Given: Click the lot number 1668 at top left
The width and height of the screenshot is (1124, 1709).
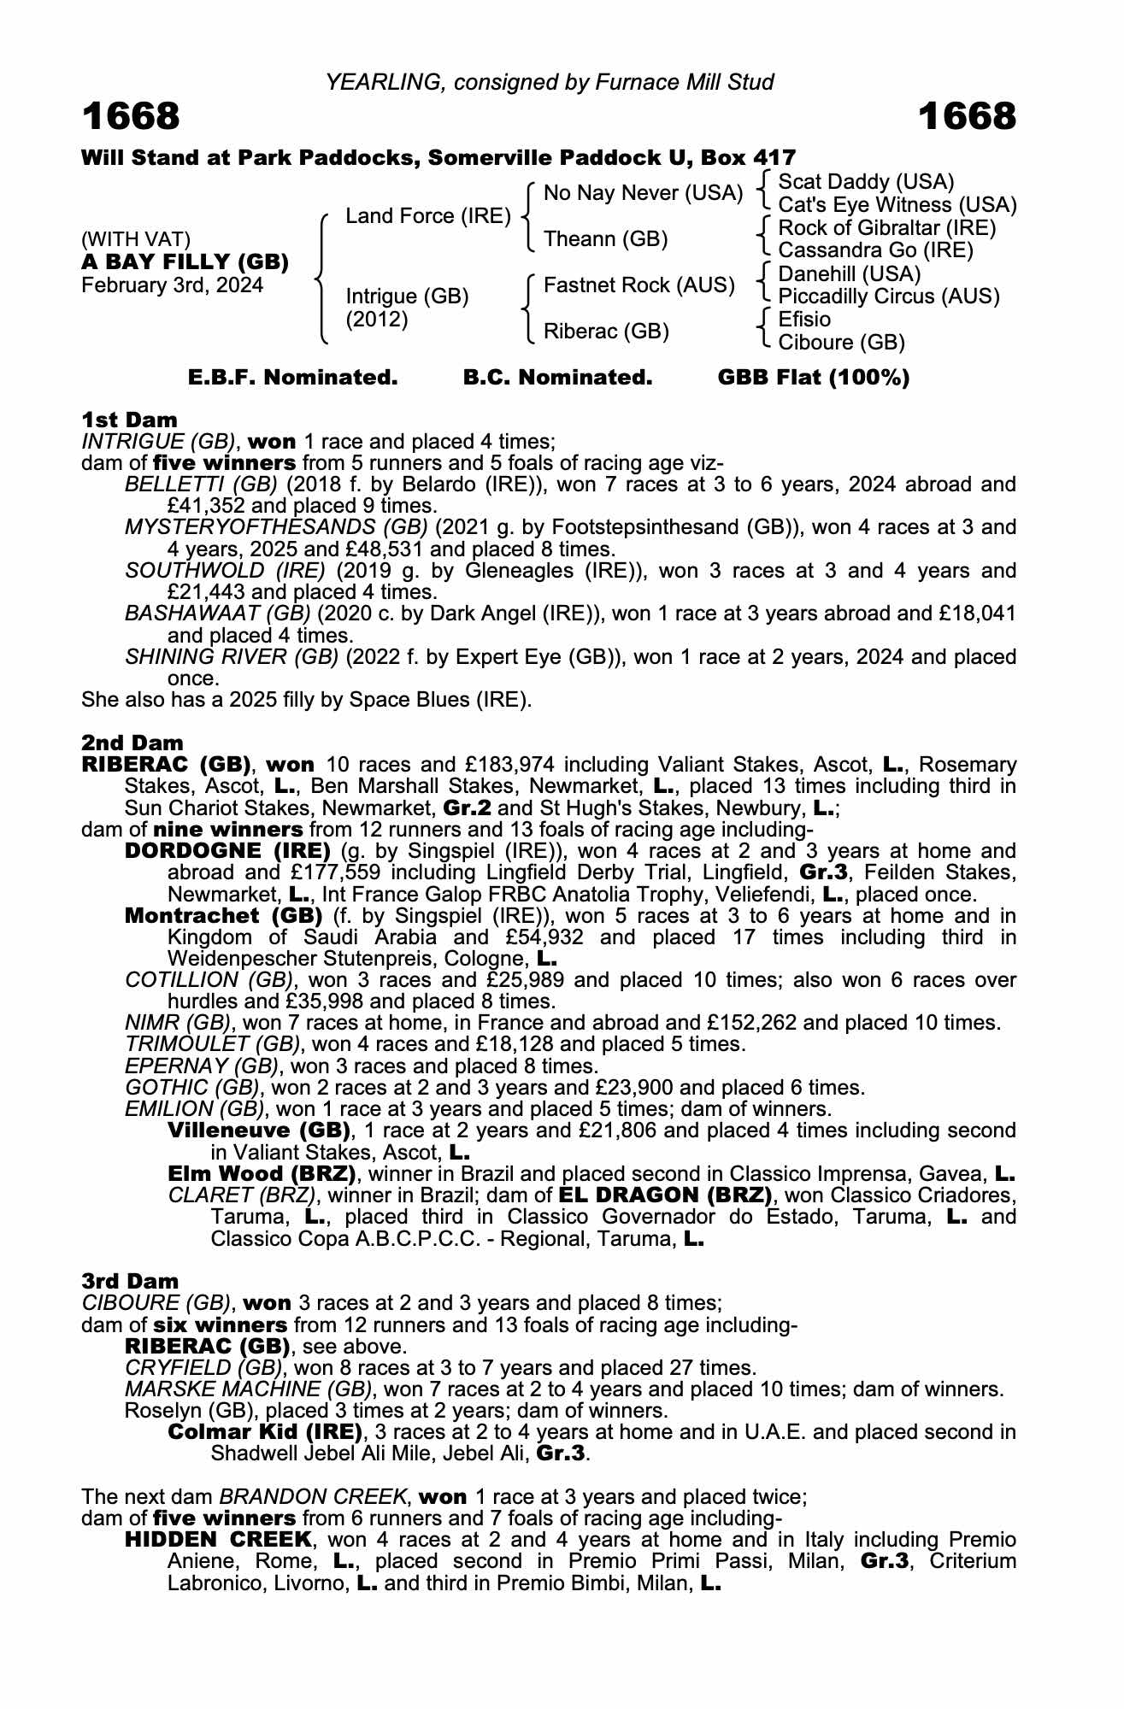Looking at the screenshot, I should [131, 116].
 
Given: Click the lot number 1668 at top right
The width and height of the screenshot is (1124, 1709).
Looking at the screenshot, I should [968, 116].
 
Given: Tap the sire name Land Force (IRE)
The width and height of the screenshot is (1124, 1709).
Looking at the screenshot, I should [428, 216].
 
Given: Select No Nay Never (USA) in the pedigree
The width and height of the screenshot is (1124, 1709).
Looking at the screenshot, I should [643, 193].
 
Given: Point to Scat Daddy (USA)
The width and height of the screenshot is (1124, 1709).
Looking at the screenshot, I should [866, 182].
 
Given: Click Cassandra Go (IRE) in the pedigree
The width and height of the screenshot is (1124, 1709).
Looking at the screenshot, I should [876, 250].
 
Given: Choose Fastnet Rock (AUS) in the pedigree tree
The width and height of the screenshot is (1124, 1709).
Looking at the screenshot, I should [639, 285].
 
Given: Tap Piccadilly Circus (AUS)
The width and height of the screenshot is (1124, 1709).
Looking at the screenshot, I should [889, 297].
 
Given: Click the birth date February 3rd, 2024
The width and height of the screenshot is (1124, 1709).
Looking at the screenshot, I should [172, 285].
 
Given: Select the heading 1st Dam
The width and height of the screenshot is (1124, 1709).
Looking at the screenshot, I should [129, 420].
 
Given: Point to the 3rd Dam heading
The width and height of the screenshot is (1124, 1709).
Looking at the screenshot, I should [131, 1281].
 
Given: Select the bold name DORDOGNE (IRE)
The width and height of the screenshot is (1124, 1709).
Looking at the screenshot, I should [227, 851].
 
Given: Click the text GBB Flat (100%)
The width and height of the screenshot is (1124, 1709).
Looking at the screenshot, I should [814, 378].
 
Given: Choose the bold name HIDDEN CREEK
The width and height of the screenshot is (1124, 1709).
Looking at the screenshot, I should [218, 1540].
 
